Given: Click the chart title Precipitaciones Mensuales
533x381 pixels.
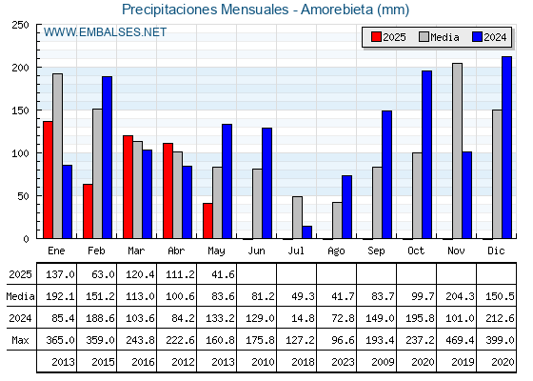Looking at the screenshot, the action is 205,10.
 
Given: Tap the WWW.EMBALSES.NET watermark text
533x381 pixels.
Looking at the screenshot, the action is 105,32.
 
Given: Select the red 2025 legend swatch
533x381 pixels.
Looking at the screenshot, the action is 376,37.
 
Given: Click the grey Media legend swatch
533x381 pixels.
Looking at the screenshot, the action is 424,37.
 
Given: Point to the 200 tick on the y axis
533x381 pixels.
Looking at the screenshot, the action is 20,68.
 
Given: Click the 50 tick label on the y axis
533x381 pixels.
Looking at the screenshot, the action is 23,196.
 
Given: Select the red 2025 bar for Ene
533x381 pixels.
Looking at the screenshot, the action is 48,180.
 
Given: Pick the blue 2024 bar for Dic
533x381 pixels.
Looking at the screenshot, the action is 506,148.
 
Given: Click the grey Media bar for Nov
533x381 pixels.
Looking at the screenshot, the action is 457,150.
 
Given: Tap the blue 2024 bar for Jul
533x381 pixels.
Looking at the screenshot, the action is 306,232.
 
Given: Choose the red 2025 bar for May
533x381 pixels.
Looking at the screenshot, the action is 207,221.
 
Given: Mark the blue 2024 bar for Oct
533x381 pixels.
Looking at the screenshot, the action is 427,154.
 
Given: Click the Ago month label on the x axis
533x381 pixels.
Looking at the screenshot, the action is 336,251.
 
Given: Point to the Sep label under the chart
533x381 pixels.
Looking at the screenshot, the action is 376,251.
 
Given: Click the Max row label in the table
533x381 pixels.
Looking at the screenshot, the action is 20,340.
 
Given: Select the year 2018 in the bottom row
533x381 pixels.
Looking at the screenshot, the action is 303,362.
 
